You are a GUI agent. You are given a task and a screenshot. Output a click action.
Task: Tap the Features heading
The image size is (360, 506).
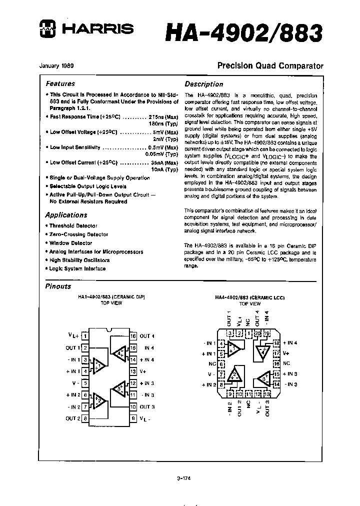pos(60,84)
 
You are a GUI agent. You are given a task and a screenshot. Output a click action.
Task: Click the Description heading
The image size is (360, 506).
pos(203,84)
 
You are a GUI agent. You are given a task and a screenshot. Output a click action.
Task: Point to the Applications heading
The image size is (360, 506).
pos(66,215)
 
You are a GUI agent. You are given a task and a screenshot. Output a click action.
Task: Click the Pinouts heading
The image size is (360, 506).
pos(58,286)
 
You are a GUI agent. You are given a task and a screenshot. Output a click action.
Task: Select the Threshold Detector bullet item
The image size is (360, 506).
pos(73,226)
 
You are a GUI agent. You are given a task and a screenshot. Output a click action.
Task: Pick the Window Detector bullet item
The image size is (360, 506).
pos(70,243)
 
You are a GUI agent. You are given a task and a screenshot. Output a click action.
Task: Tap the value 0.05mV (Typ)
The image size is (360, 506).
pos(163,154)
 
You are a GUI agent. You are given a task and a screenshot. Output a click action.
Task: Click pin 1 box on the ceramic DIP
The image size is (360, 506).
pos(85,336)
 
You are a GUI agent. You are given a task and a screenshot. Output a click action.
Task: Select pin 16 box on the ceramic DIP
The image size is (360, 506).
pos(133,336)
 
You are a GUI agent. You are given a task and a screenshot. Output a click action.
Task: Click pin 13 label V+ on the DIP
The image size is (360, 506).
pos(143,371)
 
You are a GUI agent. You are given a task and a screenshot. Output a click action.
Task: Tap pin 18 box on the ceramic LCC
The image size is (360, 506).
pos(276,343)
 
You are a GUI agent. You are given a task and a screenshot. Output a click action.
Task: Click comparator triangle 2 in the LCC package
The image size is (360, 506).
pos(234,375)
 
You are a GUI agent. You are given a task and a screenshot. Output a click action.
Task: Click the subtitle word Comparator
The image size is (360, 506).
pos(299,66)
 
